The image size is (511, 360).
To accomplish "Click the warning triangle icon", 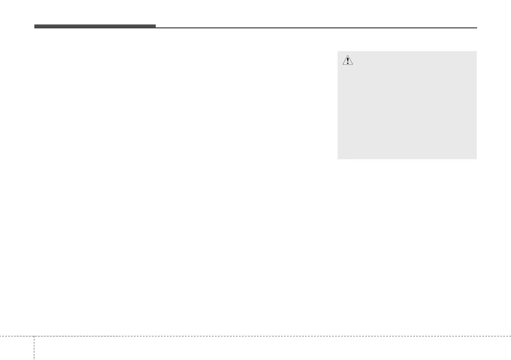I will point(348,61).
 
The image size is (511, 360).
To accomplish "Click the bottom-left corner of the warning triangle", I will point(342,65).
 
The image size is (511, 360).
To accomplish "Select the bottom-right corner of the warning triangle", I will point(353,65).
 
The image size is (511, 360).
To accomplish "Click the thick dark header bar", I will point(95,27).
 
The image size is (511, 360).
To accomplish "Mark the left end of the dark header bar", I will point(35,27).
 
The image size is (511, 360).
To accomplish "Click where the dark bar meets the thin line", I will point(155,27).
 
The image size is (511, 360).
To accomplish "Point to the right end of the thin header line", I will point(477,28).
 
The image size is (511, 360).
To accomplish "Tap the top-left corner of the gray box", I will point(338,52).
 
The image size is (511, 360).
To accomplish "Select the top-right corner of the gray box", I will point(477,52).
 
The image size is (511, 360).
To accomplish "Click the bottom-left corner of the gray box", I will point(338,159).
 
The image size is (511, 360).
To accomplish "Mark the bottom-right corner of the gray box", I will point(477,159).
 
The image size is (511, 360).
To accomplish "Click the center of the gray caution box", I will point(407,106).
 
